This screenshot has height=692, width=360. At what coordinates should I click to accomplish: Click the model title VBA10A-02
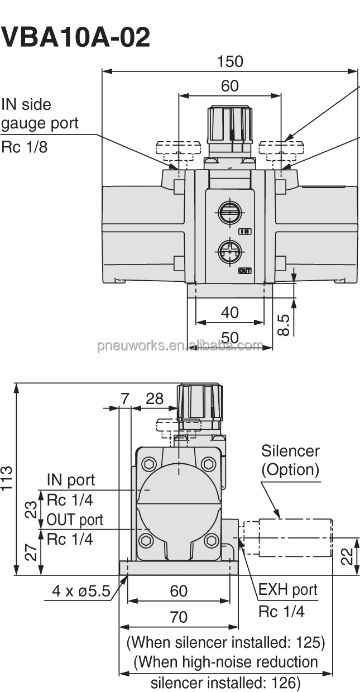(x=76, y=38)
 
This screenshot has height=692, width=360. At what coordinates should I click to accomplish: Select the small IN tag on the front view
(x=245, y=231)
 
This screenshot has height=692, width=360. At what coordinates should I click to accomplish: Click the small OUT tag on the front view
(x=244, y=271)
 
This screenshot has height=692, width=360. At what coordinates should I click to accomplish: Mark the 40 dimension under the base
(x=229, y=313)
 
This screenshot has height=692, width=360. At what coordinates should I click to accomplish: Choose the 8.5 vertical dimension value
(x=284, y=325)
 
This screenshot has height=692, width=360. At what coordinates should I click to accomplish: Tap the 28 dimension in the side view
(x=155, y=398)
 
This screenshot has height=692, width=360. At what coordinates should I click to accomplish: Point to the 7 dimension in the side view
(x=125, y=398)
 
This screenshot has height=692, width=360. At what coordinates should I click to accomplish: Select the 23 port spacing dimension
(x=32, y=509)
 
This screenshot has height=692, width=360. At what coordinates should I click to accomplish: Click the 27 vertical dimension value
(x=32, y=552)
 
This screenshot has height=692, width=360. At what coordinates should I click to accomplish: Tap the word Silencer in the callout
(x=290, y=451)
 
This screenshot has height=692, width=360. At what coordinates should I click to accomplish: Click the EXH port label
(x=287, y=590)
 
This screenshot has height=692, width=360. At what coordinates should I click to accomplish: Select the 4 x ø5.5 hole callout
(x=81, y=590)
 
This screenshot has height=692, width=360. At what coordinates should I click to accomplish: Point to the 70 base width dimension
(x=179, y=617)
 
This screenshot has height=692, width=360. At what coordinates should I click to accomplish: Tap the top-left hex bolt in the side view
(x=149, y=464)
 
